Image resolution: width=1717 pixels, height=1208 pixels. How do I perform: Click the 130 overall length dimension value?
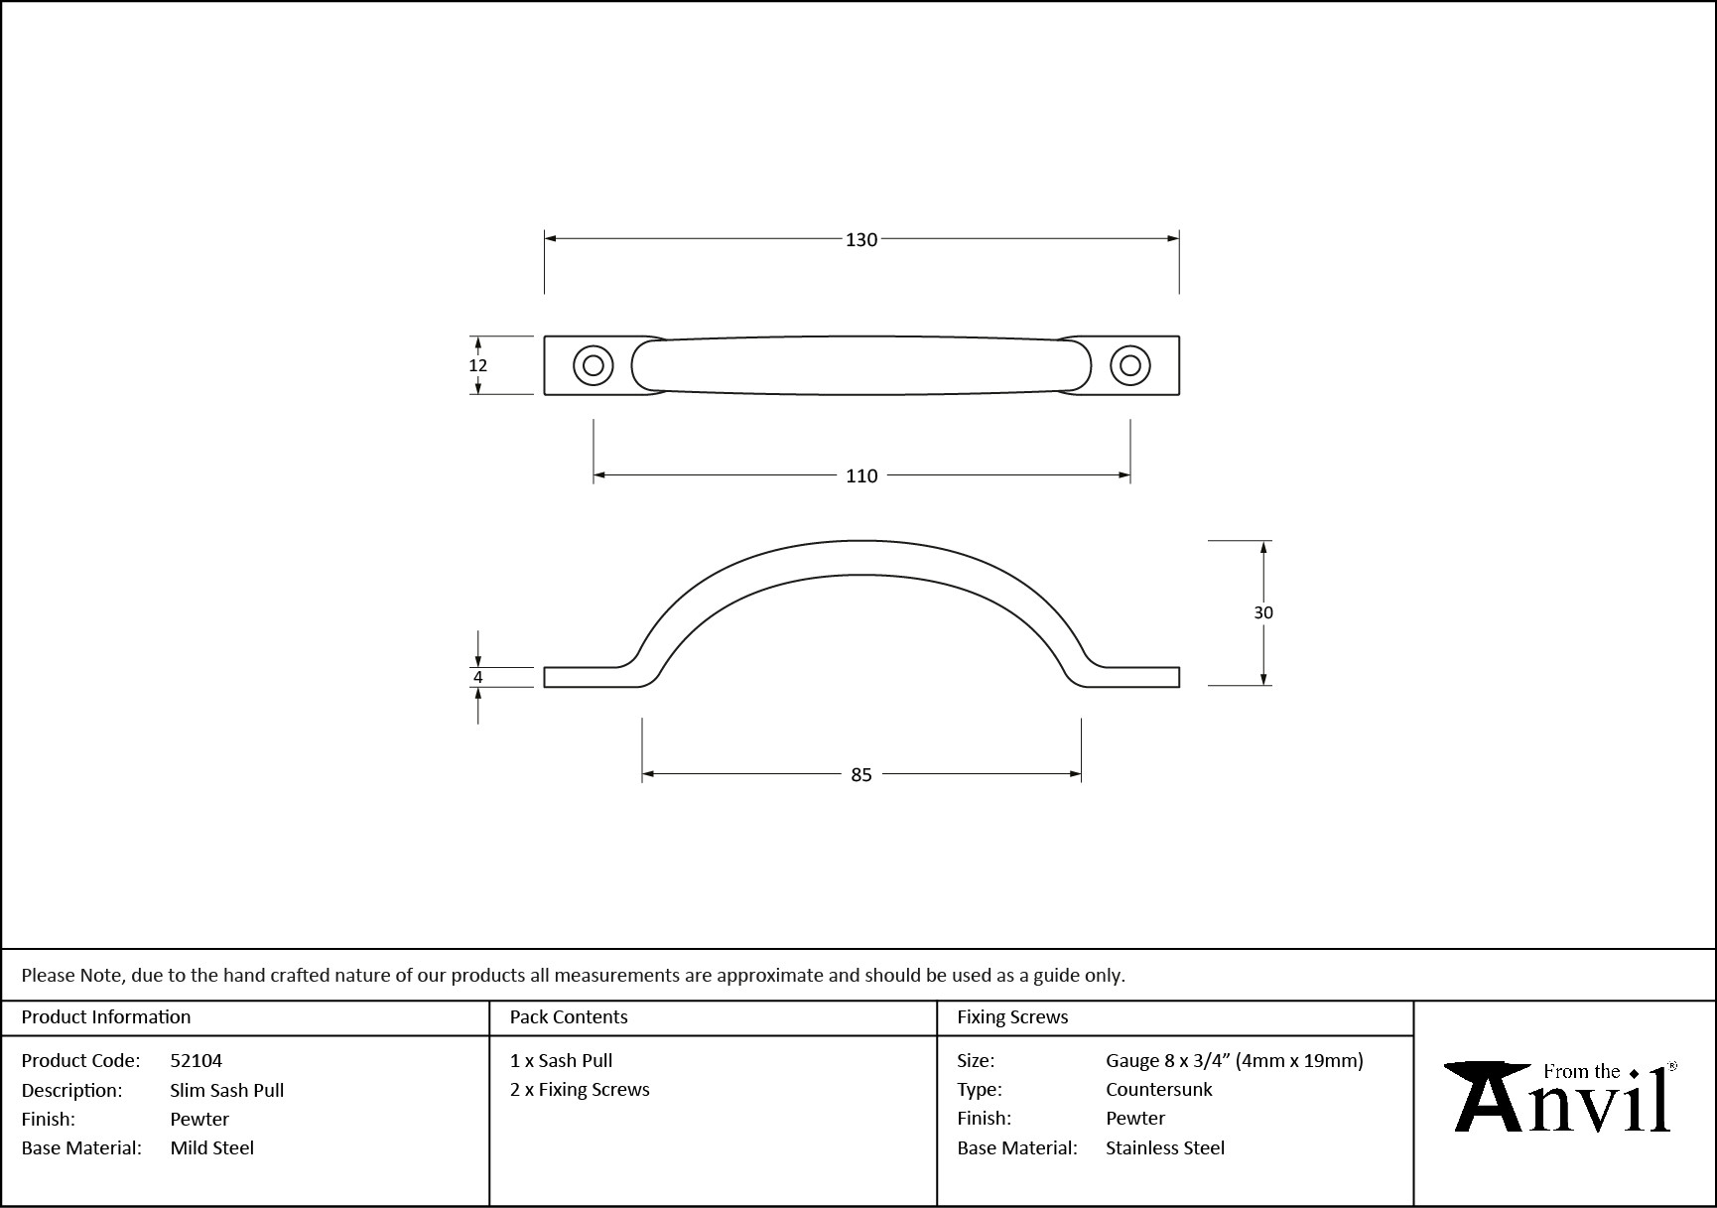pos(861,239)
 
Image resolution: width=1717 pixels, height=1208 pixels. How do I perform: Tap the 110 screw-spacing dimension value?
pos(861,476)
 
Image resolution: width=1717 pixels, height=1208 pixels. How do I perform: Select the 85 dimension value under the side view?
pos(861,774)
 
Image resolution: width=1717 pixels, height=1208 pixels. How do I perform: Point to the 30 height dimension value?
pos(1262,612)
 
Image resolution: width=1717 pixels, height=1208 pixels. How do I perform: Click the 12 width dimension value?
pos(477,365)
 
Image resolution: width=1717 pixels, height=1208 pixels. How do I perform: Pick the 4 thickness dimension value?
pos(477,678)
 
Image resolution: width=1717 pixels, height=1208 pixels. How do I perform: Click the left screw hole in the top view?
pos(594,365)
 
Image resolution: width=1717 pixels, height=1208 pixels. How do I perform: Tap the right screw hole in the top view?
pos(1129,365)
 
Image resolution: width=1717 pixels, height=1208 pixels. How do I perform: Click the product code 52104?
pos(197,1060)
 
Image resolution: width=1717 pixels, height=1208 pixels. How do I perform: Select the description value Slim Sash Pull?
pos(226,1090)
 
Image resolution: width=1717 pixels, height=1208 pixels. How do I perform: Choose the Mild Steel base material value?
pos(211,1147)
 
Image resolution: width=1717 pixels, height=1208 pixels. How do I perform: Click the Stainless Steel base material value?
pos(1165,1147)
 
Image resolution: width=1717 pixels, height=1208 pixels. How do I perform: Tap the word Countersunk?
pos(1159,1089)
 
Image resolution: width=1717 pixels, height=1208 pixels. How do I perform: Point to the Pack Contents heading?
pos(569,1016)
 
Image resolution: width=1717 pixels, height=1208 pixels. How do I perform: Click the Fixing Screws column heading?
pos(1012,1016)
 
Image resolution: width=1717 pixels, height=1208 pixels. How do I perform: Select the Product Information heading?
pos(106,1016)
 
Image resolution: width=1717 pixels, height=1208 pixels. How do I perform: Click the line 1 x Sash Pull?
pos(561,1060)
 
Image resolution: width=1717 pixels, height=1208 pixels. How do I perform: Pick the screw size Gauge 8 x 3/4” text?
pos(1168,1060)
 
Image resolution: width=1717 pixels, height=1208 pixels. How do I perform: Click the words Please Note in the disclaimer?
pos(72,975)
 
